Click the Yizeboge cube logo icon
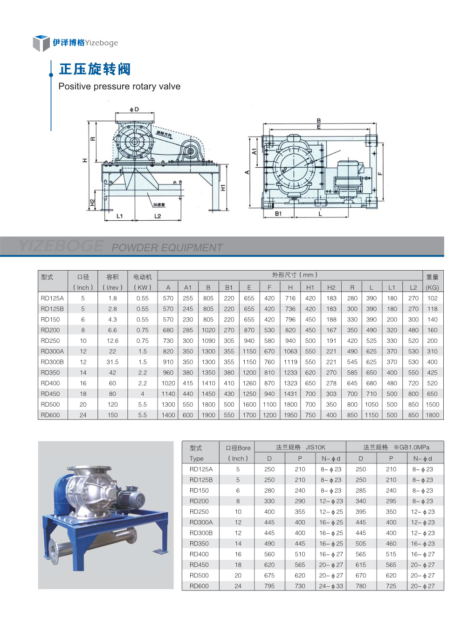tap(41, 43)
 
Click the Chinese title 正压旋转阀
tap(95, 69)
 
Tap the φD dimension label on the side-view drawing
tap(134, 109)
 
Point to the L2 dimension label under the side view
tap(158, 216)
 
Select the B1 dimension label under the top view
tap(278, 213)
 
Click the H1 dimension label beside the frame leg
tap(223, 187)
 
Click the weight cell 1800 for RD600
tap(432, 415)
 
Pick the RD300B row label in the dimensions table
tap(52, 362)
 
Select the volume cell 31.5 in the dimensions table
tap(112, 362)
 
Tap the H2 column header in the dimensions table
tap(331, 287)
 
